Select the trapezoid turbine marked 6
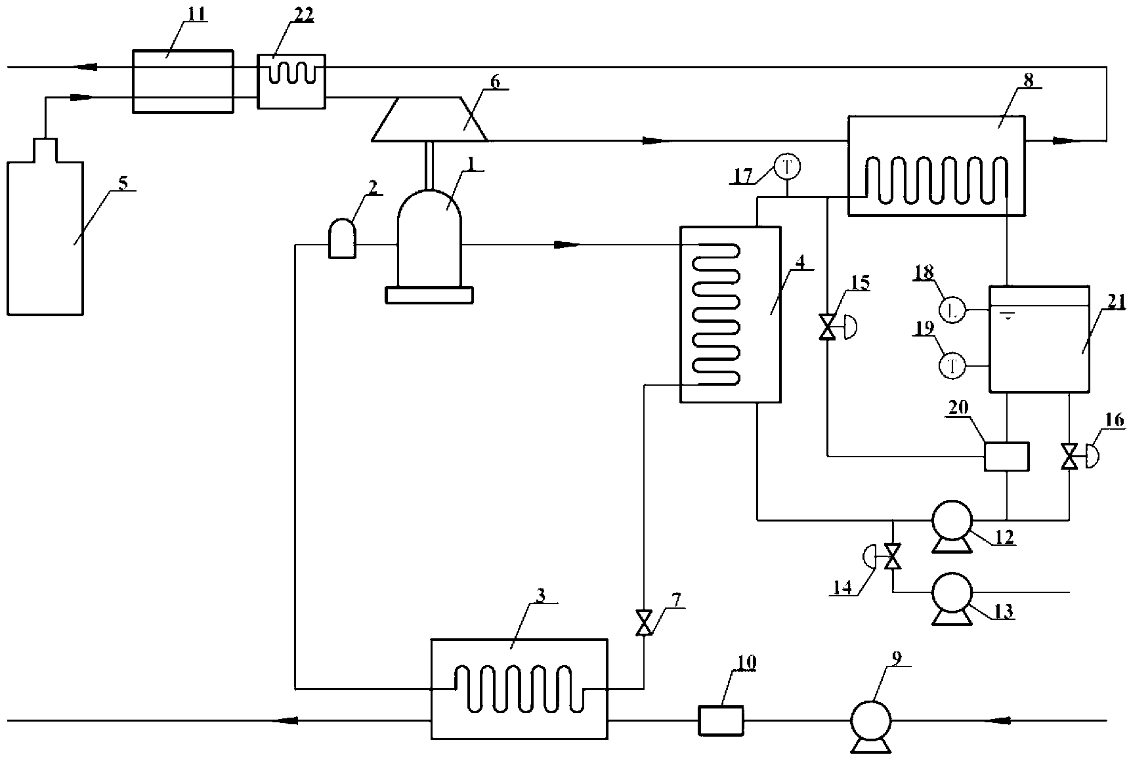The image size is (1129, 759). pyautogui.click(x=430, y=119)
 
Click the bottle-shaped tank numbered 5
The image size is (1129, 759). pyautogui.click(x=45, y=226)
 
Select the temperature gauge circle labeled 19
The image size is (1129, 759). pyautogui.click(x=951, y=365)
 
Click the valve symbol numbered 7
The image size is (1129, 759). pyautogui.click(x=644, y=622)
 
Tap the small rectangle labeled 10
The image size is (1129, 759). pyautogui.click(x=720, y=721)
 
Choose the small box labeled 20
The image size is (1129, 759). pyautogui.click(x=1006, y=456)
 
